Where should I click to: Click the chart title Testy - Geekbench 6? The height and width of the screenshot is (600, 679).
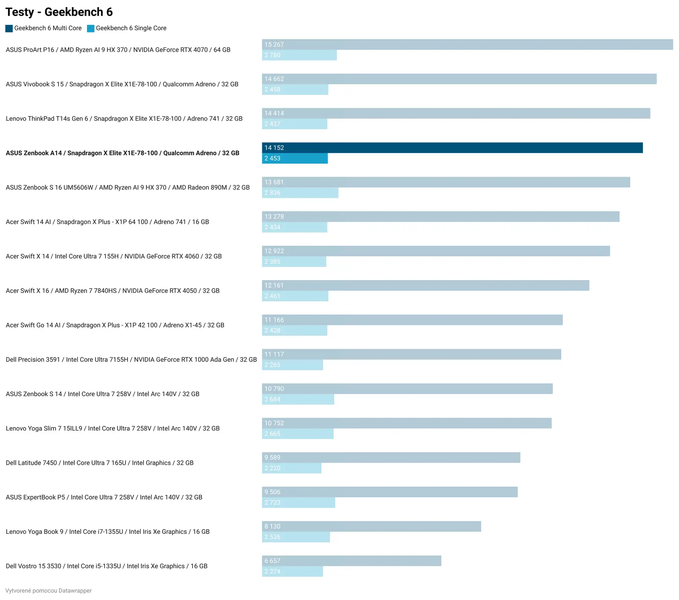coord(59,12)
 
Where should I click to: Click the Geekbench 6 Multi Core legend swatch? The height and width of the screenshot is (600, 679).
coord(9,28)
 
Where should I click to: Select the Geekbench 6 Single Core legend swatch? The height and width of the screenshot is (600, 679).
coord(90,28)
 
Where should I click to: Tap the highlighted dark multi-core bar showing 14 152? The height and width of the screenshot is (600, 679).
coord(452,148)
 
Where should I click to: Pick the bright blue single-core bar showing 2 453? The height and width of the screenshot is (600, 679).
coord(295,158)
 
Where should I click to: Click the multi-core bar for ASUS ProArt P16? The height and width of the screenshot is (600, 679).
coord(467,44)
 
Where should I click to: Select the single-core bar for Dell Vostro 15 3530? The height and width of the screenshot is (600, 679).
coord(292,572)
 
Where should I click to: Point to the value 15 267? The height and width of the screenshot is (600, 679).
coord(274,44)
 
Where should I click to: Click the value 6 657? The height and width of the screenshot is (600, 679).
coord(272,561)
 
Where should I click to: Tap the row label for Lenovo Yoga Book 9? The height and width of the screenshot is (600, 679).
coord(107,532)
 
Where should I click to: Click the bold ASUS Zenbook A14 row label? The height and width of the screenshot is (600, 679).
coord(122,153)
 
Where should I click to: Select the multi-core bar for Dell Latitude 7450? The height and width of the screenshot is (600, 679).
coord(391,458)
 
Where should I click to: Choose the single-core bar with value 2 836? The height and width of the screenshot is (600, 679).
coord(300,193)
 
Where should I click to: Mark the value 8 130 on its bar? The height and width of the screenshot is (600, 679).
coord(272,526)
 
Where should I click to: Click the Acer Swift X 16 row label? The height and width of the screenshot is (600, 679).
coord(112,291)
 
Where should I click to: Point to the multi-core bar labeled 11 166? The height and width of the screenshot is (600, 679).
coord(412,320)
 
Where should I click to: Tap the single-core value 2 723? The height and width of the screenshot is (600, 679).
coord(272,503)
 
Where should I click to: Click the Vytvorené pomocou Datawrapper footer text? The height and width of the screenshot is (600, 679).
coord(48,591)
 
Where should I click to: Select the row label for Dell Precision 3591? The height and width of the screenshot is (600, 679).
coord(131,360)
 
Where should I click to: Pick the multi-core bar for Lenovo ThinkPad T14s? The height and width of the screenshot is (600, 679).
coord(456,114)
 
